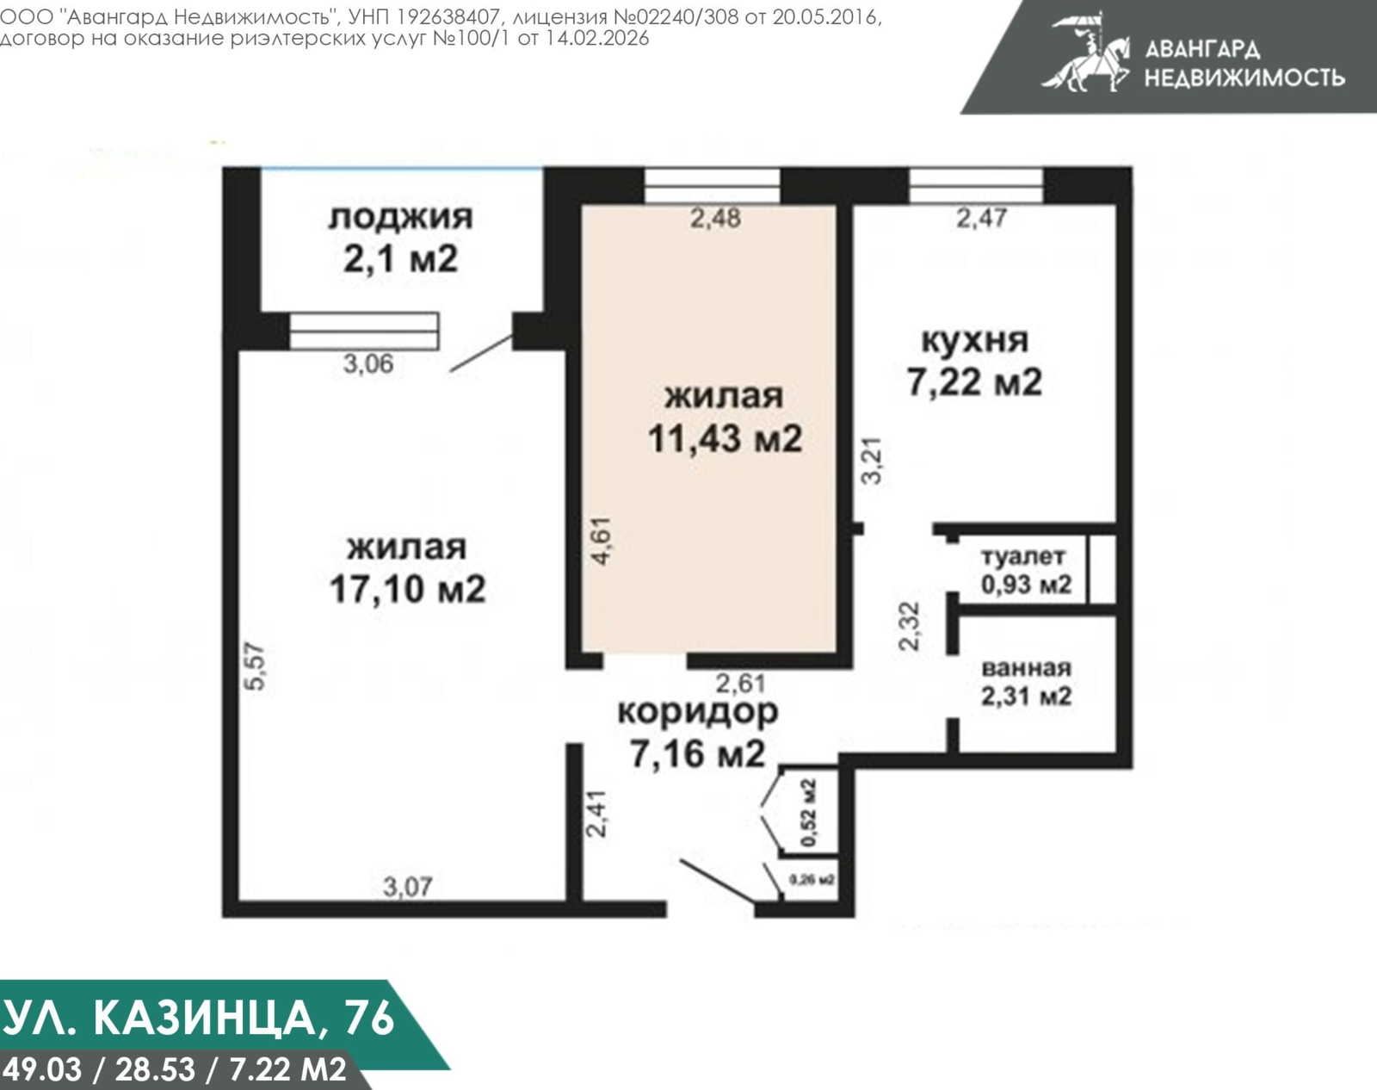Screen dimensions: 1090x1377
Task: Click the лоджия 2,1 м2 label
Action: point(400,238)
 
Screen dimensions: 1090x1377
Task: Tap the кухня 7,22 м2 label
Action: point(974,361)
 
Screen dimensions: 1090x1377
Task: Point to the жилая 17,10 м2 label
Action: point(407,568)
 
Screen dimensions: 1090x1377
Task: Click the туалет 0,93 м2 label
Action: point(1025,570)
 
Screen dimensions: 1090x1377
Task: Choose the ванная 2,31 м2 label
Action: point(1026,682)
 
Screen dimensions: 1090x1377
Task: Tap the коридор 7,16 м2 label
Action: point(697,732)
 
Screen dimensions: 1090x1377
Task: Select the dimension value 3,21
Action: point(873,461)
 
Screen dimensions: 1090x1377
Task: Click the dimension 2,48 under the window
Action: point(714,218)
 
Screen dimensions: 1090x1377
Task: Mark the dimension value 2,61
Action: point(740,684)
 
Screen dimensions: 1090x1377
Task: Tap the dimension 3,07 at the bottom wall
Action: point(407,886)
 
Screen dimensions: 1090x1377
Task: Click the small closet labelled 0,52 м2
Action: point(808,813)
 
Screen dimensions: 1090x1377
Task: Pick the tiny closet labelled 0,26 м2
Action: point(812,881)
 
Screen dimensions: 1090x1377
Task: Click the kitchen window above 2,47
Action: point(976,185)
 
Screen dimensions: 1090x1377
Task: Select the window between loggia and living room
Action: point(363,331)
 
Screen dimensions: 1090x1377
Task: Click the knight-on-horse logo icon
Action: point(1086,53)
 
